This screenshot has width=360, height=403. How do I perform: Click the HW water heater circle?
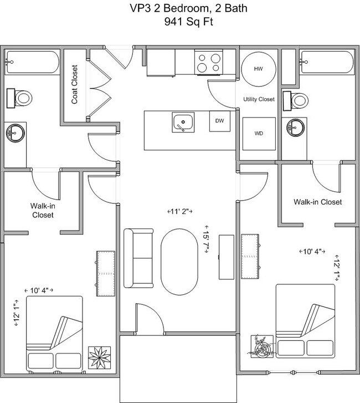[258, 69]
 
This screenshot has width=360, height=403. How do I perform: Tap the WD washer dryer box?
[259, 134]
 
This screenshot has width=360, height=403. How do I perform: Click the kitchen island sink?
[182, 122]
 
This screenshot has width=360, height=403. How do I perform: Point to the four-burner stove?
[208, 62]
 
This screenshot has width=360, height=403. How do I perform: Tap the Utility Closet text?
[259, 99]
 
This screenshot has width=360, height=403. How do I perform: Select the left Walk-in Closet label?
[42, 210]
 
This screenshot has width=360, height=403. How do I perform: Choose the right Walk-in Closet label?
[317, 202]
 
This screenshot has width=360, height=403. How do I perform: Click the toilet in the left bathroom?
[21, 99]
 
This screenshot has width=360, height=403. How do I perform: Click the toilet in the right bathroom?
[297, 100]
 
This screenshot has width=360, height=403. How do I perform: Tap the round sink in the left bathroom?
[15, 133]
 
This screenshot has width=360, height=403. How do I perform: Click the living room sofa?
[138, 258]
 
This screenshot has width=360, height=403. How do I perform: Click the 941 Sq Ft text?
[180, 23]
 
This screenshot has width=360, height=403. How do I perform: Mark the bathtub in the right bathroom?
[325, 62]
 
